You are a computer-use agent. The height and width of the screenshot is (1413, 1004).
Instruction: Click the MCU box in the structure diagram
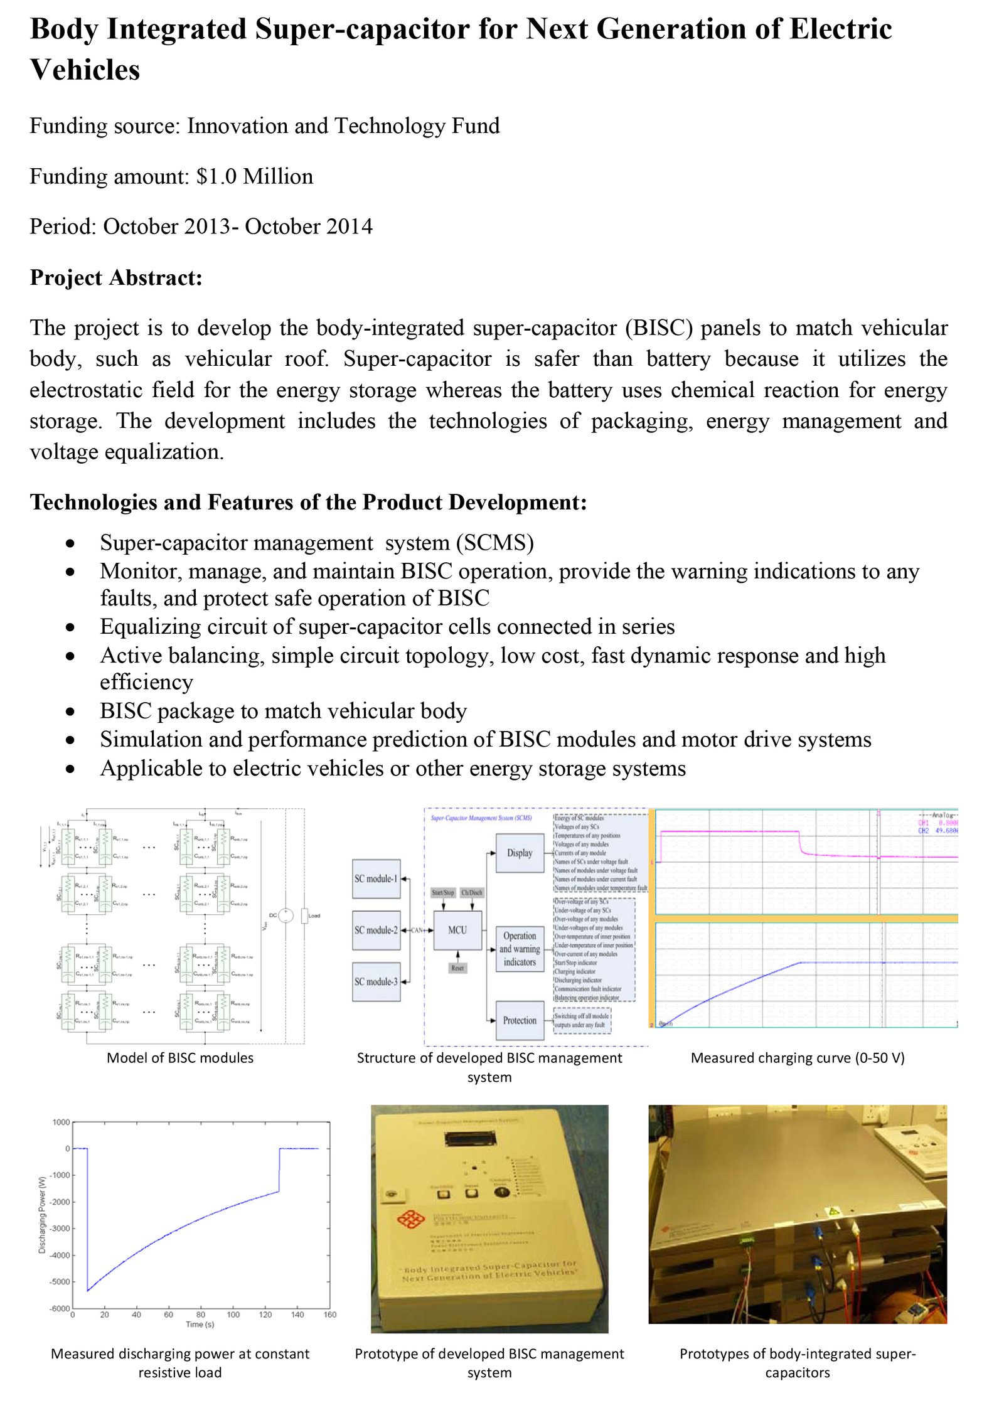click(457, 930)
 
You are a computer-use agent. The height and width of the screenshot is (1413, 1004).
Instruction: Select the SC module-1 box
click(376, 878)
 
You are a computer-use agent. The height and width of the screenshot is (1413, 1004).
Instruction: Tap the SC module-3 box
click(376, 981)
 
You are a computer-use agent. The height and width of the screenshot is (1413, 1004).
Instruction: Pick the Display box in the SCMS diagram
click(520, 853)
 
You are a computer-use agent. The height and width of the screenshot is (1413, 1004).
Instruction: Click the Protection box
click(520, 1020)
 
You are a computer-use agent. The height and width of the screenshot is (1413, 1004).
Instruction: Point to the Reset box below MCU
click(457, 968)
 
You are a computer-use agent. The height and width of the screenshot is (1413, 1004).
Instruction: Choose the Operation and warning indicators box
click(520, 949)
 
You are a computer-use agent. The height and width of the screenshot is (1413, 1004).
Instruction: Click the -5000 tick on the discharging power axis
click(60, 1282)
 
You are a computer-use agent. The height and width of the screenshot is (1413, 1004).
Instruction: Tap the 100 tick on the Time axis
click(233, 1314)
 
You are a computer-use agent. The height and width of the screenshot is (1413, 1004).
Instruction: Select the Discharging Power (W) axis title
click(43, 1215)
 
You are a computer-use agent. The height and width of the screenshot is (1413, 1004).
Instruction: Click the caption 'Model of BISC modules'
click(180, 1058)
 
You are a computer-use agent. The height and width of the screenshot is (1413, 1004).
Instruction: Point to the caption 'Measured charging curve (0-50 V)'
click(798, 1058)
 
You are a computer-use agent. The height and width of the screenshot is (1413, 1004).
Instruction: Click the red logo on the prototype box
click(411, 1219)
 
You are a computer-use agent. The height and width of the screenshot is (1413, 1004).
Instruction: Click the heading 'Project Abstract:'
click(116, 277)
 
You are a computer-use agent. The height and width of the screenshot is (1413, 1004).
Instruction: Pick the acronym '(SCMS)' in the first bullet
click(495, 543)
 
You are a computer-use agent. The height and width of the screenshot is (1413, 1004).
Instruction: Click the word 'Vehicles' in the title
click(85, 70)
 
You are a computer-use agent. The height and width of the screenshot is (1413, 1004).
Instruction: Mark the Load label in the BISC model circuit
click(314, 915)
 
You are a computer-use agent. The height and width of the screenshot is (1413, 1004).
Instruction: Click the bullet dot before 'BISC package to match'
click(71, 712)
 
